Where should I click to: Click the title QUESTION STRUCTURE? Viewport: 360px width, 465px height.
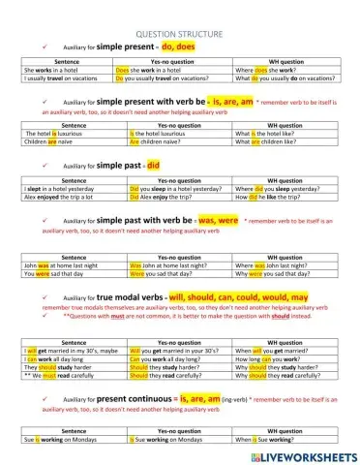pos(180,33)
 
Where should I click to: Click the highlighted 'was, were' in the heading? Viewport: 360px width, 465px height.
pos(218,221)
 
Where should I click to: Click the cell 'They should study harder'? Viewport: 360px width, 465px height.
pos(54,368)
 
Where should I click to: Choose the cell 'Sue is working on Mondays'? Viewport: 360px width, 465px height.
pos(54,439)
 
